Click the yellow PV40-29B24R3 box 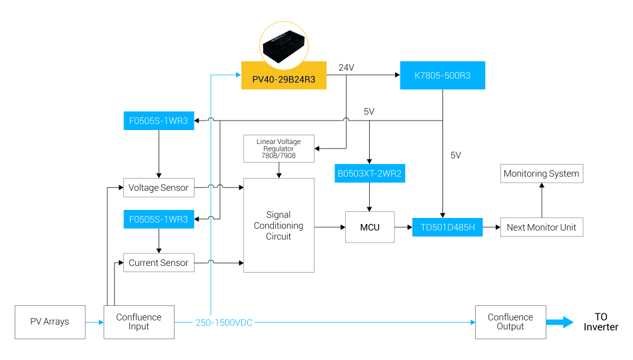(283, 75)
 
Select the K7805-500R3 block (442, 75)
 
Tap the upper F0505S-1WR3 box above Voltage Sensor (159, 121)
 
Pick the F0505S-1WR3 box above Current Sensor (159, 219)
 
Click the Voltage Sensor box (159, 187)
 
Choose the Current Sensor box (159, 263)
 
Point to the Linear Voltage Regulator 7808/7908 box (279, 149)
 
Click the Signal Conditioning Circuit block (279, 225)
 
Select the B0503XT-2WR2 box (370, 173)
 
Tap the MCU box (370, 227)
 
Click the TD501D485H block (447, 227)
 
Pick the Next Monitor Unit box (541, 227)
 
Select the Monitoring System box (541, 173)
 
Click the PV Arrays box (50, 322)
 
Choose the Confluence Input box (139, 322)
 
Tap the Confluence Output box (510, 322)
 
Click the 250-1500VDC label (224, 323)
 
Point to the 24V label (346, 68)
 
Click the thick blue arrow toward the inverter (560, 323)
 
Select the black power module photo (283, 45)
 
